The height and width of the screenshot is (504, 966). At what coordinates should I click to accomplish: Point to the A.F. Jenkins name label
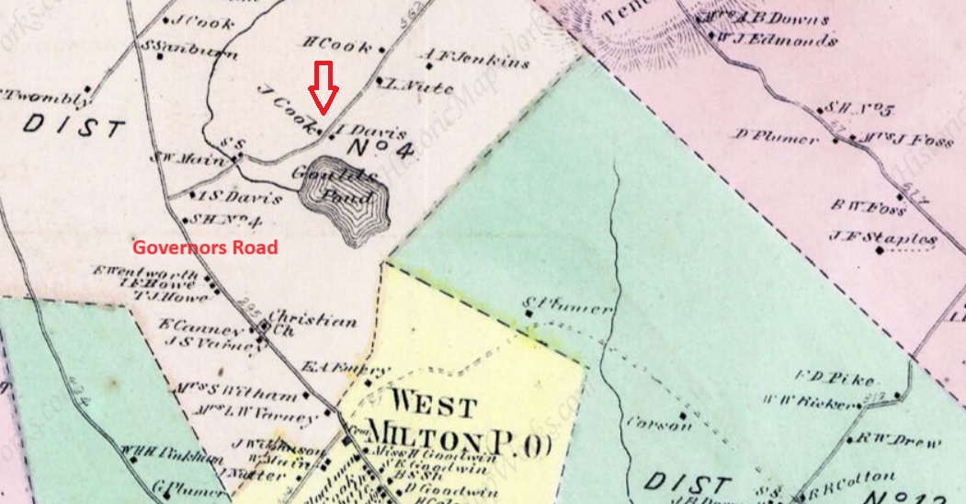pos(476,61)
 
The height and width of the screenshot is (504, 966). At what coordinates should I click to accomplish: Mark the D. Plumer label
pos(777,138)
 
